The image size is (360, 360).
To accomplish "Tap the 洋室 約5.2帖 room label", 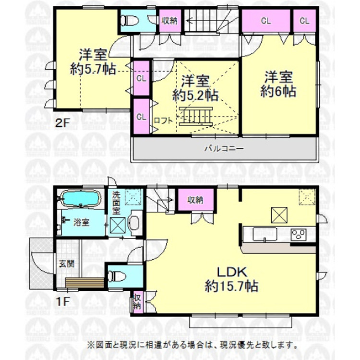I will pyautogui.click(x=195, y=87).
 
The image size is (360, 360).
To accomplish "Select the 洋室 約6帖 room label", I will pyautogui.click(x=278, y=84).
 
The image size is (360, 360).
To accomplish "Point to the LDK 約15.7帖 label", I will pyautogui.click(x=232, y=280).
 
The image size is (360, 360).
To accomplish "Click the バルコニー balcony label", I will pyautogui.click(x=225, y=149).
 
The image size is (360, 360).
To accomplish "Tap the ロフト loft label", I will pyautogui.click(x=162, y=121).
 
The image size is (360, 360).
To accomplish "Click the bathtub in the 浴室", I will pyautogui.click(x=79, y=198).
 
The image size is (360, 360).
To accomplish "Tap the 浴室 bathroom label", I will pyautogui.click(x=81, y=222).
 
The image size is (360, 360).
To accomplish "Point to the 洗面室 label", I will pyautogui.click(x=117, y=202).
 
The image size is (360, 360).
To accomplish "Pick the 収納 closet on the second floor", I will pyautogui.click(x=169, y=22).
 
